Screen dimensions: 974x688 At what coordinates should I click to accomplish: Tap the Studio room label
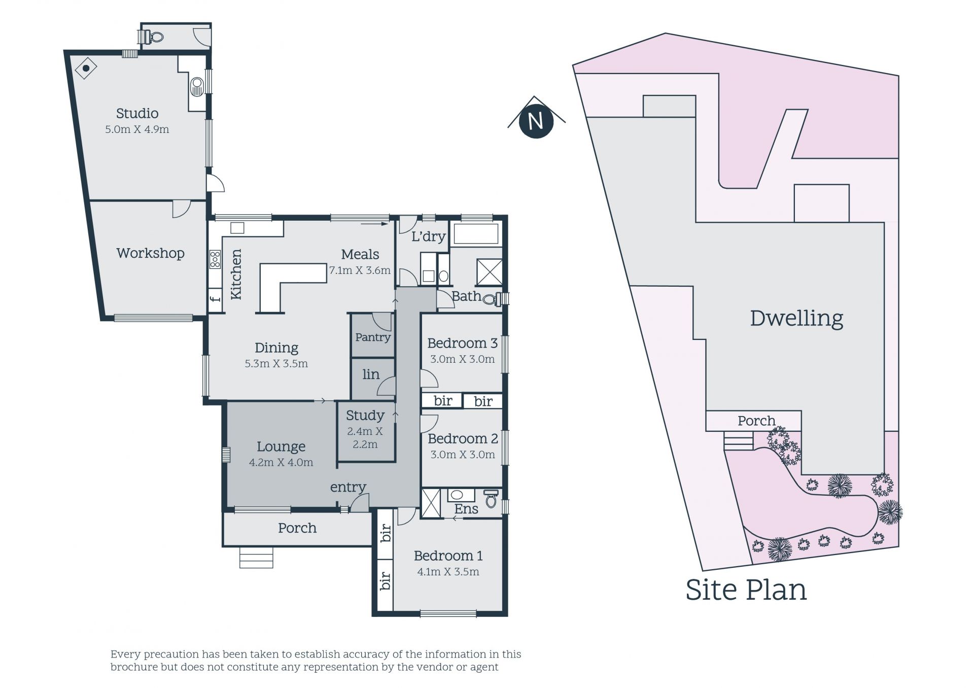137,113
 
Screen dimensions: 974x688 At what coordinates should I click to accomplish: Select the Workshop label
150,253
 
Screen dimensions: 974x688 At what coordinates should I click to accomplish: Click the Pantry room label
373,337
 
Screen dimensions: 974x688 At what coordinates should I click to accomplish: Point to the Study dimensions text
365,438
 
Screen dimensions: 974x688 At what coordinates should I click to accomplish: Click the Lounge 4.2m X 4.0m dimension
281,462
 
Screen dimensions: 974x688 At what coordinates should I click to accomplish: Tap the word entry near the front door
348,487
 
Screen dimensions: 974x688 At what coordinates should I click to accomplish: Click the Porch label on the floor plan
297,528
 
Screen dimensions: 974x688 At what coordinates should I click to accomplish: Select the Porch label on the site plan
756,421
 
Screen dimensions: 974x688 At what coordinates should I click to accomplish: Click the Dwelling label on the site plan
796,318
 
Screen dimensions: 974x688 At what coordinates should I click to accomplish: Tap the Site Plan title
746,590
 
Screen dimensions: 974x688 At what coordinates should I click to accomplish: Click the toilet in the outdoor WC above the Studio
151,37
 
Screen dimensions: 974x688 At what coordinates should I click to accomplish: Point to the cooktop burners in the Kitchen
215,259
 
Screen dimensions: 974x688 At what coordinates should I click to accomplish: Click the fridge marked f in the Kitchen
216,298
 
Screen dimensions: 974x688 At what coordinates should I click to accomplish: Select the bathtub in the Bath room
476,234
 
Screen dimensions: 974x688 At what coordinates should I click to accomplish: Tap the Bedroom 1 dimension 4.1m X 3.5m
448,572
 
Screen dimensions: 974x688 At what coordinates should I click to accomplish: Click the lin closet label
371,374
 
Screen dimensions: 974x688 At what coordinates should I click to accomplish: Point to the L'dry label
428,236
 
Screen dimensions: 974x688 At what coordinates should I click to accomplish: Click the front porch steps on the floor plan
256,557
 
